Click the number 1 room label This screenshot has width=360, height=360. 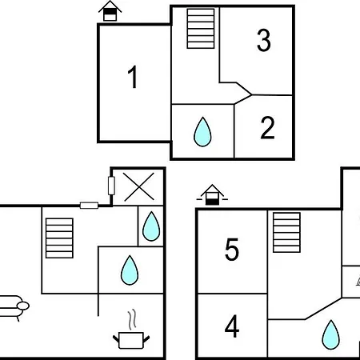coord(133,77)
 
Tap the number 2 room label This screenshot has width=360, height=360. coord(267,128)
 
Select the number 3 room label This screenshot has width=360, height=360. coord(264,40)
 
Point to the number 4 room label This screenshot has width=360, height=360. coord(232,326)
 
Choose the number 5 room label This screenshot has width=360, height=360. coord(232,250)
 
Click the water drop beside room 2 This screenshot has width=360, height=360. coord(202,132)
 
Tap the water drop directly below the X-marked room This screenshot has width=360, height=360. coord(151,226)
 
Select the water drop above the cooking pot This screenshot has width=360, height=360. coord(130,270)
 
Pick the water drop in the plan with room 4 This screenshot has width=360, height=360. coord(331,334)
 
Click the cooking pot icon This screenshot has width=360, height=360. coord(131,340)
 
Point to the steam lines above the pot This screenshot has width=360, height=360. coord(133,320)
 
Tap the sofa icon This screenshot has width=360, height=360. coord(14,307)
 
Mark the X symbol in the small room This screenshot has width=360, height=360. coord(139,186)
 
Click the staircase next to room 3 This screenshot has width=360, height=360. coord(201,29)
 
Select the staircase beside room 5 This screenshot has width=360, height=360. coord(286,232)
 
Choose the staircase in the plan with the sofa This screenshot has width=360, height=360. coord(59,238)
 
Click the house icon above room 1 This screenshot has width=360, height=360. coord(110,11)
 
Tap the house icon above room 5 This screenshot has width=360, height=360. coord(212,194)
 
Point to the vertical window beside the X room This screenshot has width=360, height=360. coord(111,186)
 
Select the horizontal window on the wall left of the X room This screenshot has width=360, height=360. coord(89,206)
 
